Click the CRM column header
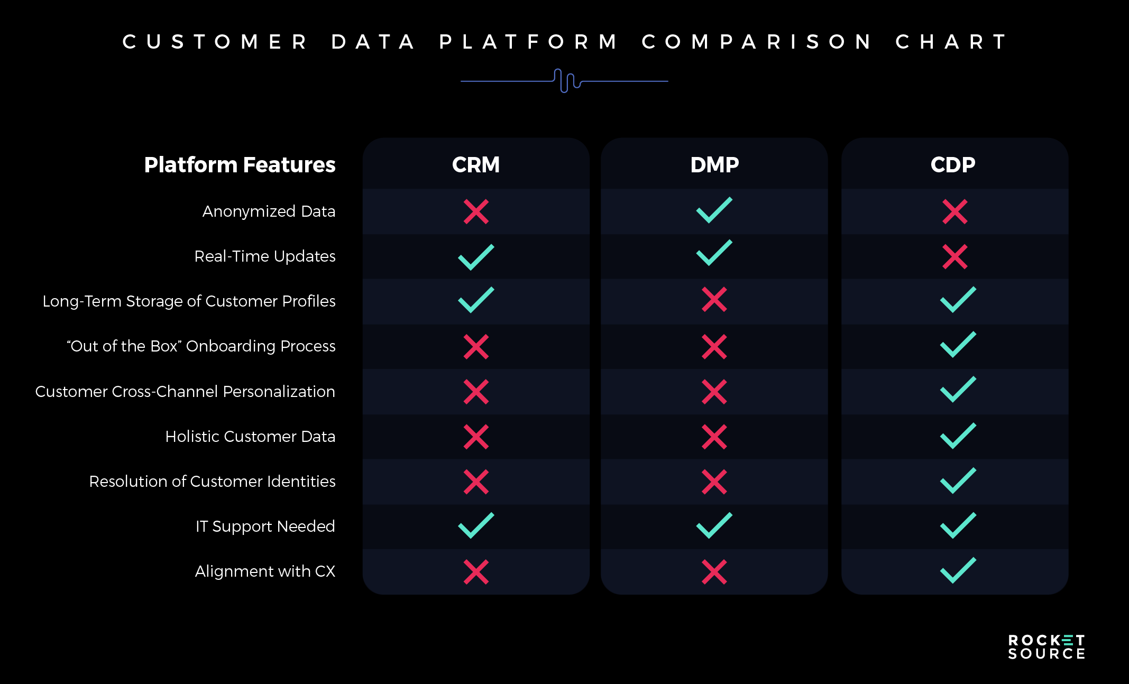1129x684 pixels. pos(476,165)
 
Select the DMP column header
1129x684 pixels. pos(714,165)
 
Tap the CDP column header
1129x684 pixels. pos(953,165)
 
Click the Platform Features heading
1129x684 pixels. pos(240,165)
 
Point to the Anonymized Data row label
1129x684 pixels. pos(269,211)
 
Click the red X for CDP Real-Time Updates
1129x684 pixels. pos(955,257)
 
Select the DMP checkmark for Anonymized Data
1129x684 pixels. pos(714,210)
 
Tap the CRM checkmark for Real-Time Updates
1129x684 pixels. pos(476,257)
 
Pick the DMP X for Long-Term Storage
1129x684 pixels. pos(714,300)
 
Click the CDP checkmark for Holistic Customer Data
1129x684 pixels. pos(958,436)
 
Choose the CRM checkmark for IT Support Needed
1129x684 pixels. pos(476,525)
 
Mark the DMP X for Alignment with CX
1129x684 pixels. pos(714,572)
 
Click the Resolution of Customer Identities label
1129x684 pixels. pos(212,482)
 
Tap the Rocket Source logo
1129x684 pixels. pos(1047,647)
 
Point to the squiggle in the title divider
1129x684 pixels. pos(567,80)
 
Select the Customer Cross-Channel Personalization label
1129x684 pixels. pos(185,392)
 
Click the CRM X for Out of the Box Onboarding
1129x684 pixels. pos(476,347)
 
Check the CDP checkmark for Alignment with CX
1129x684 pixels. pos(958,571)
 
